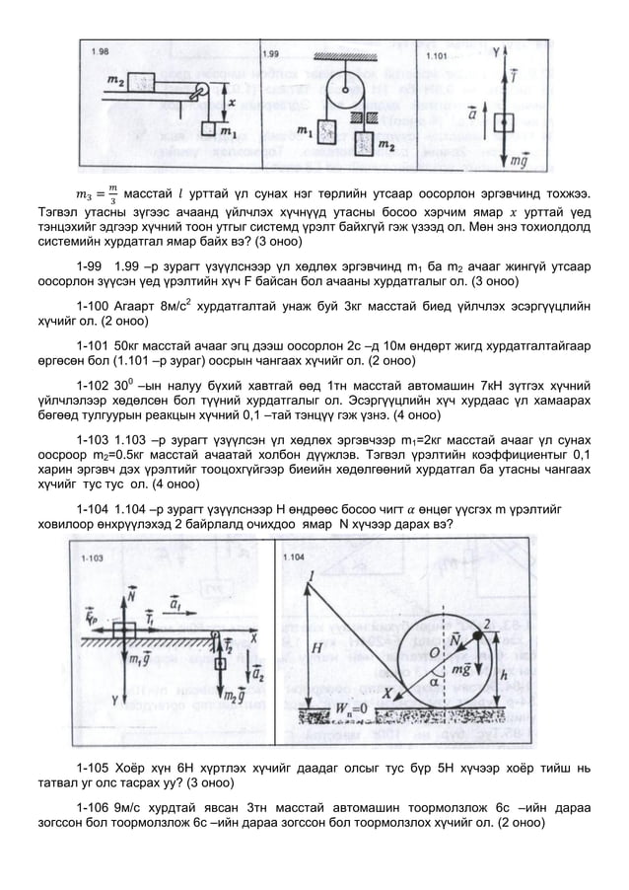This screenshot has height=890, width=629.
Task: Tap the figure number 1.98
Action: pyautogui.click(x=102, y=52)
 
